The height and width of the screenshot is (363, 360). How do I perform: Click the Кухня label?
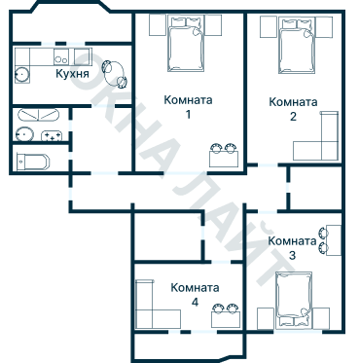pyautogui.click(x=73, y=74)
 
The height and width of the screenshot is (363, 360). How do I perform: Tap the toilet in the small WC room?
pyautogui.click(x=32, y=161)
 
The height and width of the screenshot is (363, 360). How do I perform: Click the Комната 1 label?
pyautogui.click(x=188, y=106)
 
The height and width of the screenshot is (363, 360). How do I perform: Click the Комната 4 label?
pyautogui.click(x=195, y=295)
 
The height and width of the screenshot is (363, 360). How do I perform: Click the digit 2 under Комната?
pyautogui.click(x=293, y=117)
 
